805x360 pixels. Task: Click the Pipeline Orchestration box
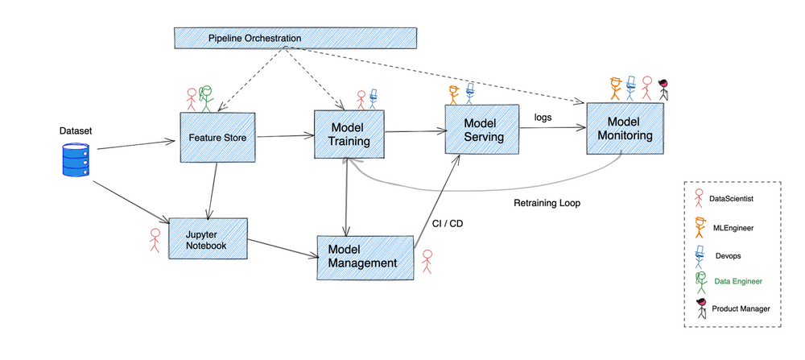coord(295,38)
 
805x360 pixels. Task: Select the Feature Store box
coord(217,137)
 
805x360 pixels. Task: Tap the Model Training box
coord(349,134)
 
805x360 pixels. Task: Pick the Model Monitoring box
coord(625,128)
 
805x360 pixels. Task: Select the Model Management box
coord(366,256)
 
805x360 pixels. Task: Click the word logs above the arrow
coord(543,117)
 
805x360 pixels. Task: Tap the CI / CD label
coord(448,224)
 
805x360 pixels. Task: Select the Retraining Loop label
coord(547,203)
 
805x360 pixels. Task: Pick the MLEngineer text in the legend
coord(733,229)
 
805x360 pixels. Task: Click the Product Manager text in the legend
coord(741,308)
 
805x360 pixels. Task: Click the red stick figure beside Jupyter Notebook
coord(155,240)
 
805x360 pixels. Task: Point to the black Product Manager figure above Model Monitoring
coord(663,89)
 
